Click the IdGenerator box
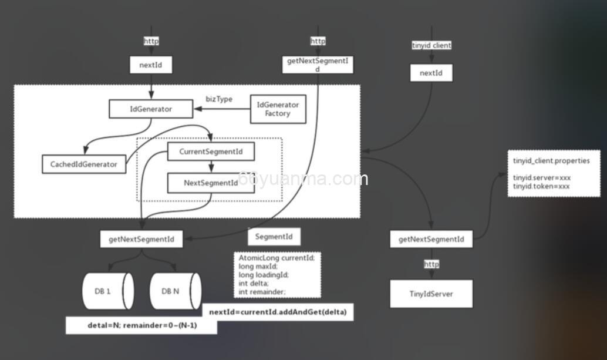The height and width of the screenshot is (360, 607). coord(151,109)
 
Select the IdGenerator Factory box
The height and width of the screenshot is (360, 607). coord(278,109)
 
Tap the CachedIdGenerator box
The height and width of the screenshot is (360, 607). coord(84,164)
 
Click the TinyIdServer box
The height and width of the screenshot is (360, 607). coord(431,294)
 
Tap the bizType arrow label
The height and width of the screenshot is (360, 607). coord(219,99)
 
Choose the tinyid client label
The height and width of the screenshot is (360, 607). coord(432,45)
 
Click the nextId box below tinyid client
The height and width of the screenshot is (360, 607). coord(431,73)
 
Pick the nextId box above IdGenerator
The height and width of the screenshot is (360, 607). coord(151,65)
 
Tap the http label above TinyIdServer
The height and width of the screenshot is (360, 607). coord(431,264)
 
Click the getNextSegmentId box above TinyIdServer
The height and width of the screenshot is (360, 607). coord(431,239)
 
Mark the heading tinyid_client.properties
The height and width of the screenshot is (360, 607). coord(551,161)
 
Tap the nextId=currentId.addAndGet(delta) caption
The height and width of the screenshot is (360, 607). coord(278,312)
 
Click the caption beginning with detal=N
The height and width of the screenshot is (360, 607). coord(141,325)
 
